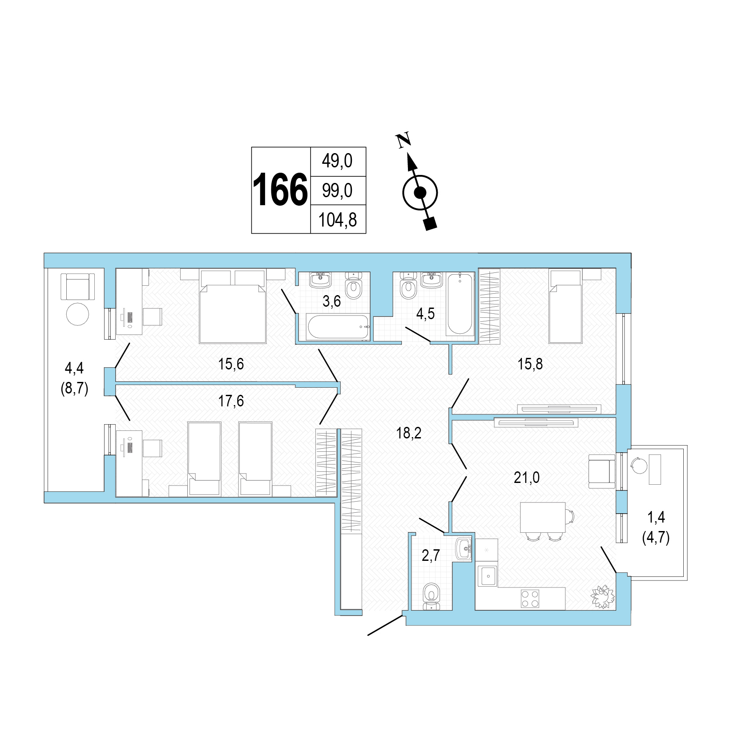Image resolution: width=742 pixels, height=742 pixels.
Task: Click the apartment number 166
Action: click(280, 191)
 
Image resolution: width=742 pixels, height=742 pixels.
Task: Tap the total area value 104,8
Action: click(338, 220)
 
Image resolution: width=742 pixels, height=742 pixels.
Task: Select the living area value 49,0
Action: click(337, 161)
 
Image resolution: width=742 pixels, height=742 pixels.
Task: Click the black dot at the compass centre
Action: click(420, 193)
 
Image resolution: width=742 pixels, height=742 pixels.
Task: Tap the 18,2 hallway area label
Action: click(409, 433)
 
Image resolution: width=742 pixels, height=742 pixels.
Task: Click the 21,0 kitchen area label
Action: click(527, 478)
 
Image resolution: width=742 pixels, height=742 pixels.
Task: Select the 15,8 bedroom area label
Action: click(530, 364)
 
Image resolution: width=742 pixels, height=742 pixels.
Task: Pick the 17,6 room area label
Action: click(231, 401)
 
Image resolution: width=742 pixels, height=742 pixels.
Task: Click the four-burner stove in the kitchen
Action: click(530, 598)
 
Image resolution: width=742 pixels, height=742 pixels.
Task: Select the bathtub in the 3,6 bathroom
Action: click(339, 327)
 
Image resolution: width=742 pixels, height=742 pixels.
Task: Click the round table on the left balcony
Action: click(77, 315)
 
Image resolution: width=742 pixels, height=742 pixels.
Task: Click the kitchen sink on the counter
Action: click(487, 576)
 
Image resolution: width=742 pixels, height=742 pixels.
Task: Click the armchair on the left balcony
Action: click(78, 286)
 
